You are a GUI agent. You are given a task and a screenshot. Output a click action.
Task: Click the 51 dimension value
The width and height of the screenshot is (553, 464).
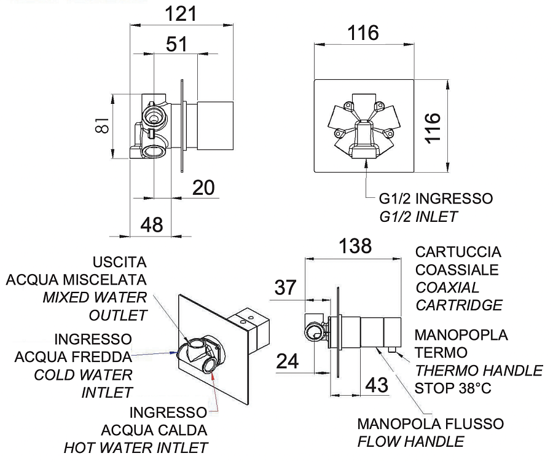point(176,44)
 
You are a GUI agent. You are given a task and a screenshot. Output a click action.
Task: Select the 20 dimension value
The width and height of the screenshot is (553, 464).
point(204,188)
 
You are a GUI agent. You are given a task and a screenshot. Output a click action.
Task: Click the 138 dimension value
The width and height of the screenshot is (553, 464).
point(356,246)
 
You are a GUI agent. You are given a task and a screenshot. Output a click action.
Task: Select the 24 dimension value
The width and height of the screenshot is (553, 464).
point(286,361)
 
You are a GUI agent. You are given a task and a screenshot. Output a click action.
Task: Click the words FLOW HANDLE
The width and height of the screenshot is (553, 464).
point(411,441)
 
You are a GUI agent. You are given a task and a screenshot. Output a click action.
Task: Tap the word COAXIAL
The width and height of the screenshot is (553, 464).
point(447,287)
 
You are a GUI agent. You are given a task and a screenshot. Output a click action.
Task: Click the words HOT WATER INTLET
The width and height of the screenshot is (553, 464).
point(136,447)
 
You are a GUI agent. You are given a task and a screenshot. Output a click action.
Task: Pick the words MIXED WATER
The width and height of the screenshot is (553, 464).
point(95,297)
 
